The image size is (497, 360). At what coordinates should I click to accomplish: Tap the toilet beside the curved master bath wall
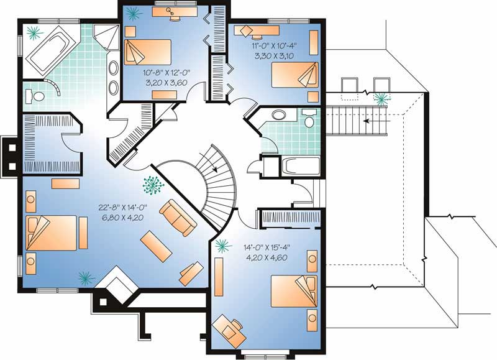[x=38, y=96]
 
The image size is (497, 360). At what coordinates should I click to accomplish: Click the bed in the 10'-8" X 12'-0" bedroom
[x=148, y=53]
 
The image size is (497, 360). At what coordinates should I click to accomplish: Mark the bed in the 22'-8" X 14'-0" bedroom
[x=50, y=233]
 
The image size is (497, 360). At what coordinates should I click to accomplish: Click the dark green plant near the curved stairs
[x=150, y=185]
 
